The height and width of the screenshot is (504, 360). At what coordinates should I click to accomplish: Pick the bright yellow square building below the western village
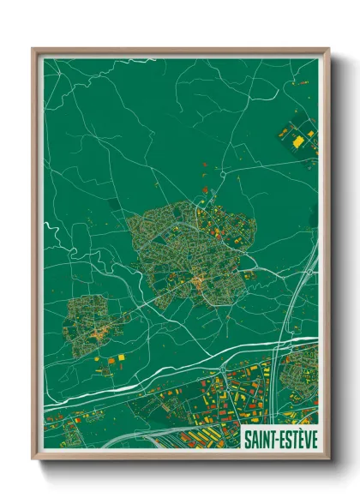click(x=119, y=355)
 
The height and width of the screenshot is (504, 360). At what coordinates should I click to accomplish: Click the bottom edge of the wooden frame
click(x=180, y=457)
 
